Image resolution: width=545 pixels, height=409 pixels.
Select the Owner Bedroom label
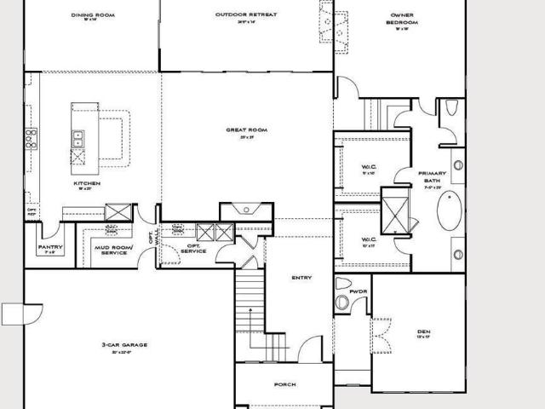pos(401,19)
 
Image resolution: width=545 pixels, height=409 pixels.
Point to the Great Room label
pos(246,130)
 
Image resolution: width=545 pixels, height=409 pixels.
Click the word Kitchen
pos(87,183)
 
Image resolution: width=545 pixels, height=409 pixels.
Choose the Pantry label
pos(48,248)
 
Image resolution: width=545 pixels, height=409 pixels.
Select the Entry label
pos(301,278)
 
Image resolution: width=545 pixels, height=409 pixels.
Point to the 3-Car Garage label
pos(125,345)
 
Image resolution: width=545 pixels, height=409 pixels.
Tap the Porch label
pos(284,384)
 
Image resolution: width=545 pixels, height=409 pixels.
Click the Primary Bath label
pos(431,176)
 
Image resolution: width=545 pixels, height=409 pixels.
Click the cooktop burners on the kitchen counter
pos(31,138)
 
